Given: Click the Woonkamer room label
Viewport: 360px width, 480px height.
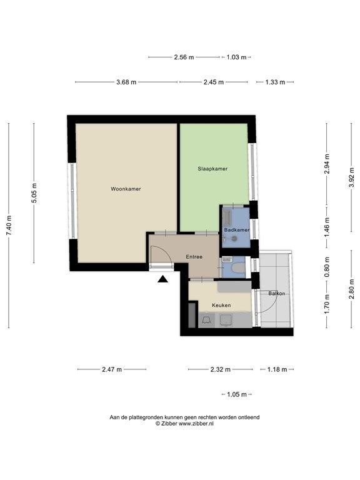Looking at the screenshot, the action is (x=126, y=189).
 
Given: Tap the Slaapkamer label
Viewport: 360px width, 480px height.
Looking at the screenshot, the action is (x=212, y=169).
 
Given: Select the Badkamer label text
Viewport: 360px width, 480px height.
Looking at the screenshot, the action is (x=237, y=230).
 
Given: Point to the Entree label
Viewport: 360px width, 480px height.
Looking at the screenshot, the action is (x=194, y=257).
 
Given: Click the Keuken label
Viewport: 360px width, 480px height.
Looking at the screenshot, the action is (x=221, y=305).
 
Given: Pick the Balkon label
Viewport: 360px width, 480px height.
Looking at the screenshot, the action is (x=276, y=293).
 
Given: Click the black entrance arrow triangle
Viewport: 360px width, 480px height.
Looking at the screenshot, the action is (x=163, y=279).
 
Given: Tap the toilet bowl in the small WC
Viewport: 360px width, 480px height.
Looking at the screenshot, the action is (x=238, y=269).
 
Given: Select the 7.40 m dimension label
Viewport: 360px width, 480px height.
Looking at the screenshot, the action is (x=9, y=226).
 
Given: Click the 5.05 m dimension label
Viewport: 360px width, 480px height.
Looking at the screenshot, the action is (x=34, y=193).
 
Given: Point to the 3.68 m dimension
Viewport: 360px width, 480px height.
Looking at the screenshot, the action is (x=126, y=82).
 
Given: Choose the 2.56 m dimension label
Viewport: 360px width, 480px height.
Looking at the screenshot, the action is (x=184, y=57).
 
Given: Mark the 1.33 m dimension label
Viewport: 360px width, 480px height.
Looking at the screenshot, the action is (x=275, y=82).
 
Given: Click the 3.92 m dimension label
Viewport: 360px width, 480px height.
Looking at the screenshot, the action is (x=352, y=177).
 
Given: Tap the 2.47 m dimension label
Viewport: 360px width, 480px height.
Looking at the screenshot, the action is (x=112, y=369).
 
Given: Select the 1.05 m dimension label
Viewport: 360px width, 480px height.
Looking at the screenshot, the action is (x=237, y=394).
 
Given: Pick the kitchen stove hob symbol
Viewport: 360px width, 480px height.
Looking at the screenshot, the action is (x=206, y=320).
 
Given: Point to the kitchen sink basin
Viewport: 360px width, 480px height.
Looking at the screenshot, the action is (x=226, y=320).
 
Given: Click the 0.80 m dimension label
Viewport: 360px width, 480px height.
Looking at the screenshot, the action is (x=327, y=267).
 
